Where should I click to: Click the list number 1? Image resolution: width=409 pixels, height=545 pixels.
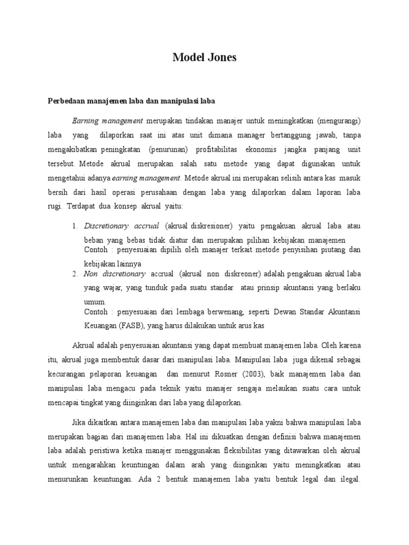click(x=75, y=226)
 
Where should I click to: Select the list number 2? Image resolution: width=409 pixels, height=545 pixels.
click(x=75, y=274)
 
